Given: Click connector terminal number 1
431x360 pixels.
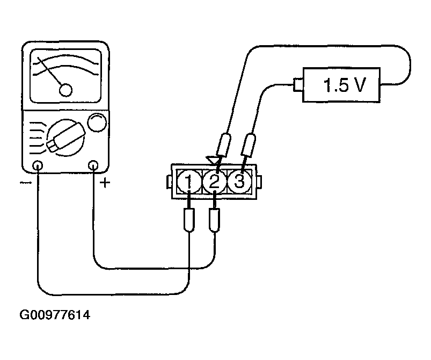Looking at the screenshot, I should click(x=188, y=182).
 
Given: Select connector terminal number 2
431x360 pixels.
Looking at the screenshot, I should click(x=214, y=182).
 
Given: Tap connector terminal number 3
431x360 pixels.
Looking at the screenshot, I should click(x=239, y=182).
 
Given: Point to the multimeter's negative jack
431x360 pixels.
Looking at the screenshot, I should click(x=38, y=165).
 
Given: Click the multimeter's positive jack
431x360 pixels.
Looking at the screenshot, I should click(x=94, y=165).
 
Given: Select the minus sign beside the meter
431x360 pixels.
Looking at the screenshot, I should click(x=25, y=183).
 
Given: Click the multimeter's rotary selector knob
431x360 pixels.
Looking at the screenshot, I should click(x=65, y=136).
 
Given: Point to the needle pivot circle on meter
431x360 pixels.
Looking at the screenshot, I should click(x=66, y=90).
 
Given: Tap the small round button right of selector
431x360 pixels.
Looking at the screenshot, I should click(x=97, y=123).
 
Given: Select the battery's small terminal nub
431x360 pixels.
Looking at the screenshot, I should click(x=297, y=84).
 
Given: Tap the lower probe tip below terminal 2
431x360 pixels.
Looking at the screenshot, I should click(x=215, y=220).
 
